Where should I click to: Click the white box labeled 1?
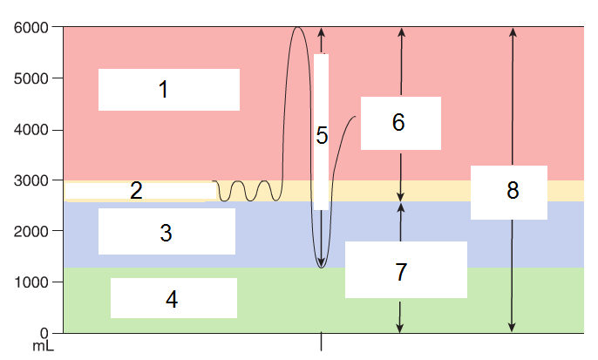point(168,90)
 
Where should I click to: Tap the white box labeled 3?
point(166,232)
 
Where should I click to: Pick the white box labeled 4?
point(173,298)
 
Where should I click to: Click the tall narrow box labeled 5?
point(321,132)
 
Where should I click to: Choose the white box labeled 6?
point(400,123)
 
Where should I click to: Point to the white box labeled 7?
point(405,270)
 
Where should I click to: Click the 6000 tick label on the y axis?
point(31,28)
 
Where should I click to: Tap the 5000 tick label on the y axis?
point(31,78)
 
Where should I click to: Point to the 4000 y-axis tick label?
point(31,130)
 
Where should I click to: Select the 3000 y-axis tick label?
point(31,180)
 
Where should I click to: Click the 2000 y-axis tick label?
point(31,231)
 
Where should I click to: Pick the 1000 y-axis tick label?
point(31,282)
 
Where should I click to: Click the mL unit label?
point(43,347)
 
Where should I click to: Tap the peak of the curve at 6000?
point(297,28)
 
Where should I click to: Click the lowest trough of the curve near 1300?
point(322,267)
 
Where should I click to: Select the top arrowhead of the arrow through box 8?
point(513,31)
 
